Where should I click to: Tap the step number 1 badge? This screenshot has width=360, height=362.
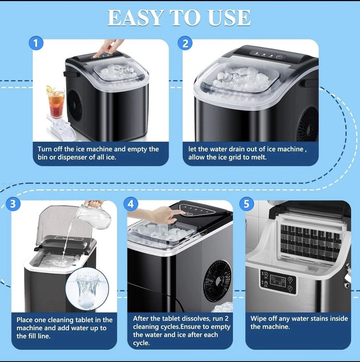[x=36, y=43]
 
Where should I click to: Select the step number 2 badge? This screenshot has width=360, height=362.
[x=185, y=43]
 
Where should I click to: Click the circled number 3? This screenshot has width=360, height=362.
[x=13, y=204]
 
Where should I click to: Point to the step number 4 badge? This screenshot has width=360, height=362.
[x=131, y=204]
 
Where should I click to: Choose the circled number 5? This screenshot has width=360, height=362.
[x=246, y=204]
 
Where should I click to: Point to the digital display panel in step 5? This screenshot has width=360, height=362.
[x=278, y=282]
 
